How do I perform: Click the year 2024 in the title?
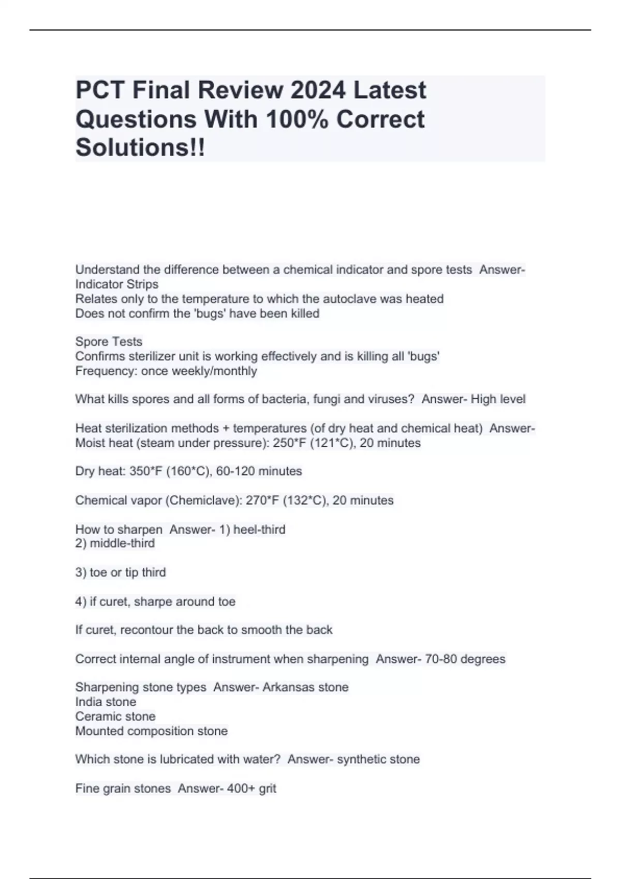click(317, 90)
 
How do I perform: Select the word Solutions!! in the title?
click(140, 148)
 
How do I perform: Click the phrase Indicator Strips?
click(117, 284)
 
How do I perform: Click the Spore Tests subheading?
click(109, 342)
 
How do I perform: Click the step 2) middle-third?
click(115, 543)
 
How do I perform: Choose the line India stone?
click(106, 702)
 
